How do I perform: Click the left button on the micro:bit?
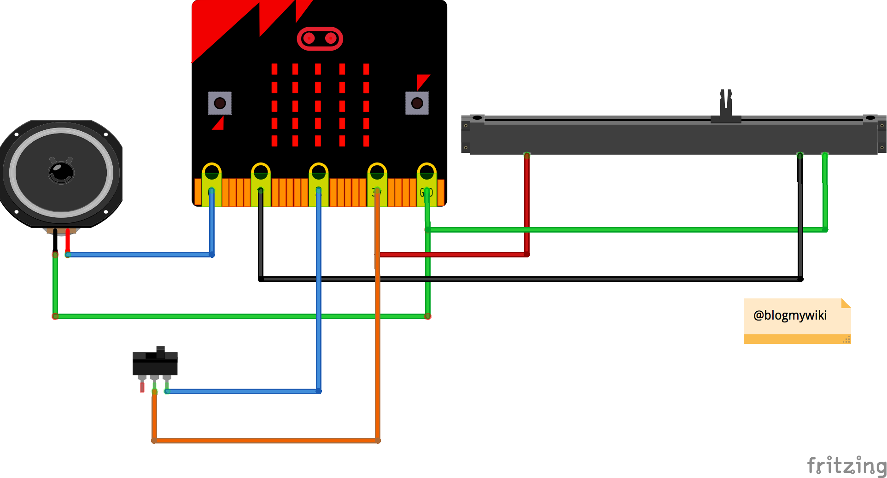click(x=220, y=103)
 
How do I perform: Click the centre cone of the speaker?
click(x=61, y=173)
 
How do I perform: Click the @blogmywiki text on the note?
click(x=790, y=315)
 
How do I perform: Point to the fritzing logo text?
click(x=846, y=465)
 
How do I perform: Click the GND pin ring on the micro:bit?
click(x=426, y=172)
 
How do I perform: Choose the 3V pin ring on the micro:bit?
click(x=377, y=172)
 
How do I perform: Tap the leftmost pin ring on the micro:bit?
click(x=211, y=172)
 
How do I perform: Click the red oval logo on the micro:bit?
click(x=320, y=39)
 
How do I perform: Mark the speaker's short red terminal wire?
click(x=68, y=239)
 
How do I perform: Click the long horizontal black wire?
click(x=530, y=279)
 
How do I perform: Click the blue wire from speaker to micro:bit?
click(x=138, y=255)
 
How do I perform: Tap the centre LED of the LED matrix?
click(x=318, y=105)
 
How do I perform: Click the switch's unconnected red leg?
click(x=142, y=387)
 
